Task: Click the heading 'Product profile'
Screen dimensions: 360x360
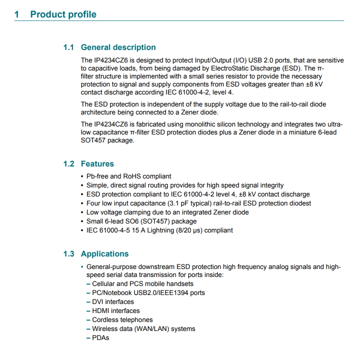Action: (x=63, y=14)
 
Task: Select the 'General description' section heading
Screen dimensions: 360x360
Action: (x=118, y=47)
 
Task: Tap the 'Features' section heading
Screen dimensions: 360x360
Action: (x=97, y=164)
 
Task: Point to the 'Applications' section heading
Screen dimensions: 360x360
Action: (x=104, y=254)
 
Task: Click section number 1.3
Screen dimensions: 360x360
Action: (x=68, y=254)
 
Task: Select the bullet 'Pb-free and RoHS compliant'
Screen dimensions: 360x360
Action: (x=128, y=176)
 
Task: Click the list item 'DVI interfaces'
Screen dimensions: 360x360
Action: (x=112, y=301)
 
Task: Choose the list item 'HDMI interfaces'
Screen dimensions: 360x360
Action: (x=115, y=310)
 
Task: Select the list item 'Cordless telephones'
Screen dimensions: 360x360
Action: (x=122, y=319)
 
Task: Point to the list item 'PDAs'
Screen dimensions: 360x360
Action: (x=100, y=337)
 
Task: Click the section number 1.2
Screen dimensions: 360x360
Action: (x=68, y=164)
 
